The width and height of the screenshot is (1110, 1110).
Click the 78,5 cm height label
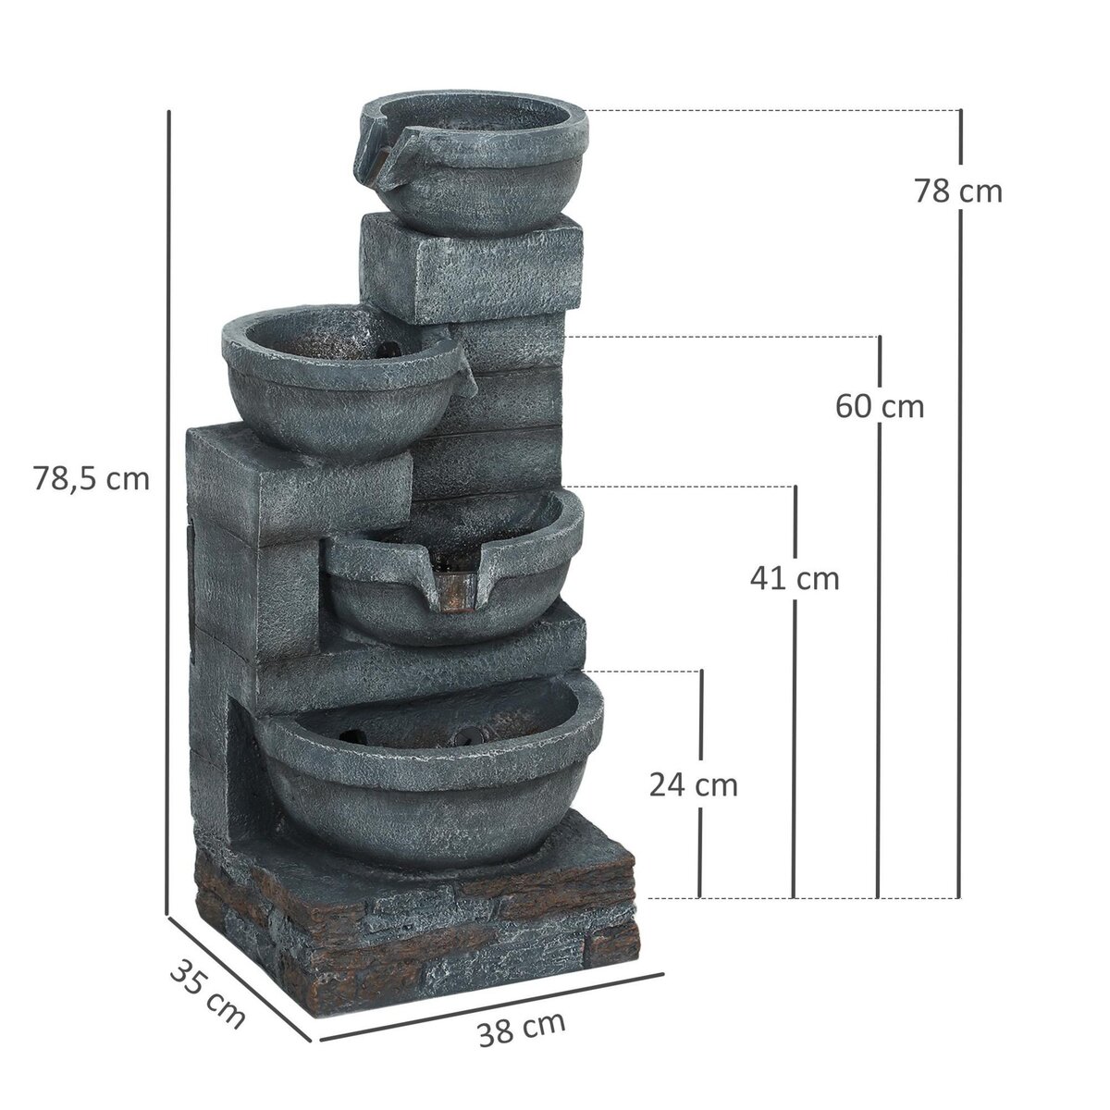click(91, 479)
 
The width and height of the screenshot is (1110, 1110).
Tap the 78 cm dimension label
click(958, 191)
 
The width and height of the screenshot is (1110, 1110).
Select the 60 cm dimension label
click(879, 405)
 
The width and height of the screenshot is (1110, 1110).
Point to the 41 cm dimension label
click(795, 579)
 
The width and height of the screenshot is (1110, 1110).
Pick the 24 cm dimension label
click(694, 785)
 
